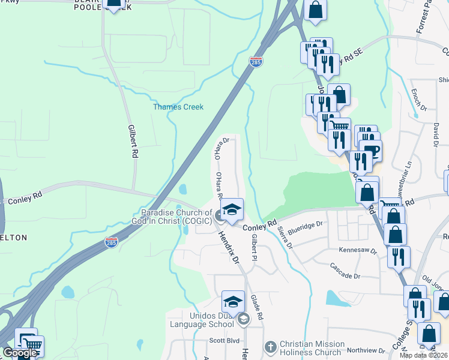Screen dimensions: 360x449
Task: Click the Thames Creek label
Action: [x=178, y=107]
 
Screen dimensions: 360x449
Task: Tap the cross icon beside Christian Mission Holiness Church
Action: [x=270, y=347]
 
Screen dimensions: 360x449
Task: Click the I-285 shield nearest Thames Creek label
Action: [x=256, y=62]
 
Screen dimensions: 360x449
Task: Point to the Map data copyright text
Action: [x=424, y=355]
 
